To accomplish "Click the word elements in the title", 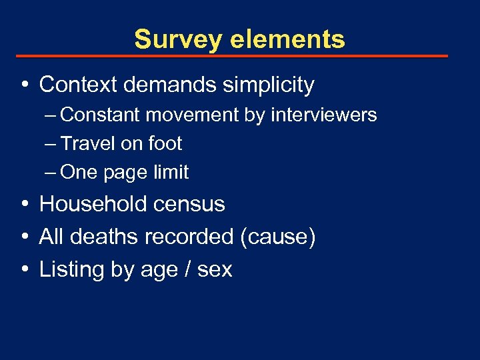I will point(288,39).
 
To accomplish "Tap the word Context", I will point(78,85).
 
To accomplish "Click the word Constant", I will point(100,115).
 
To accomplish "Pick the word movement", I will point(192,115).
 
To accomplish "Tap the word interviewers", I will point(323,115).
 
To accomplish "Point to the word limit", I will point(171,172).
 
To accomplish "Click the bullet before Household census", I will point(24,204).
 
